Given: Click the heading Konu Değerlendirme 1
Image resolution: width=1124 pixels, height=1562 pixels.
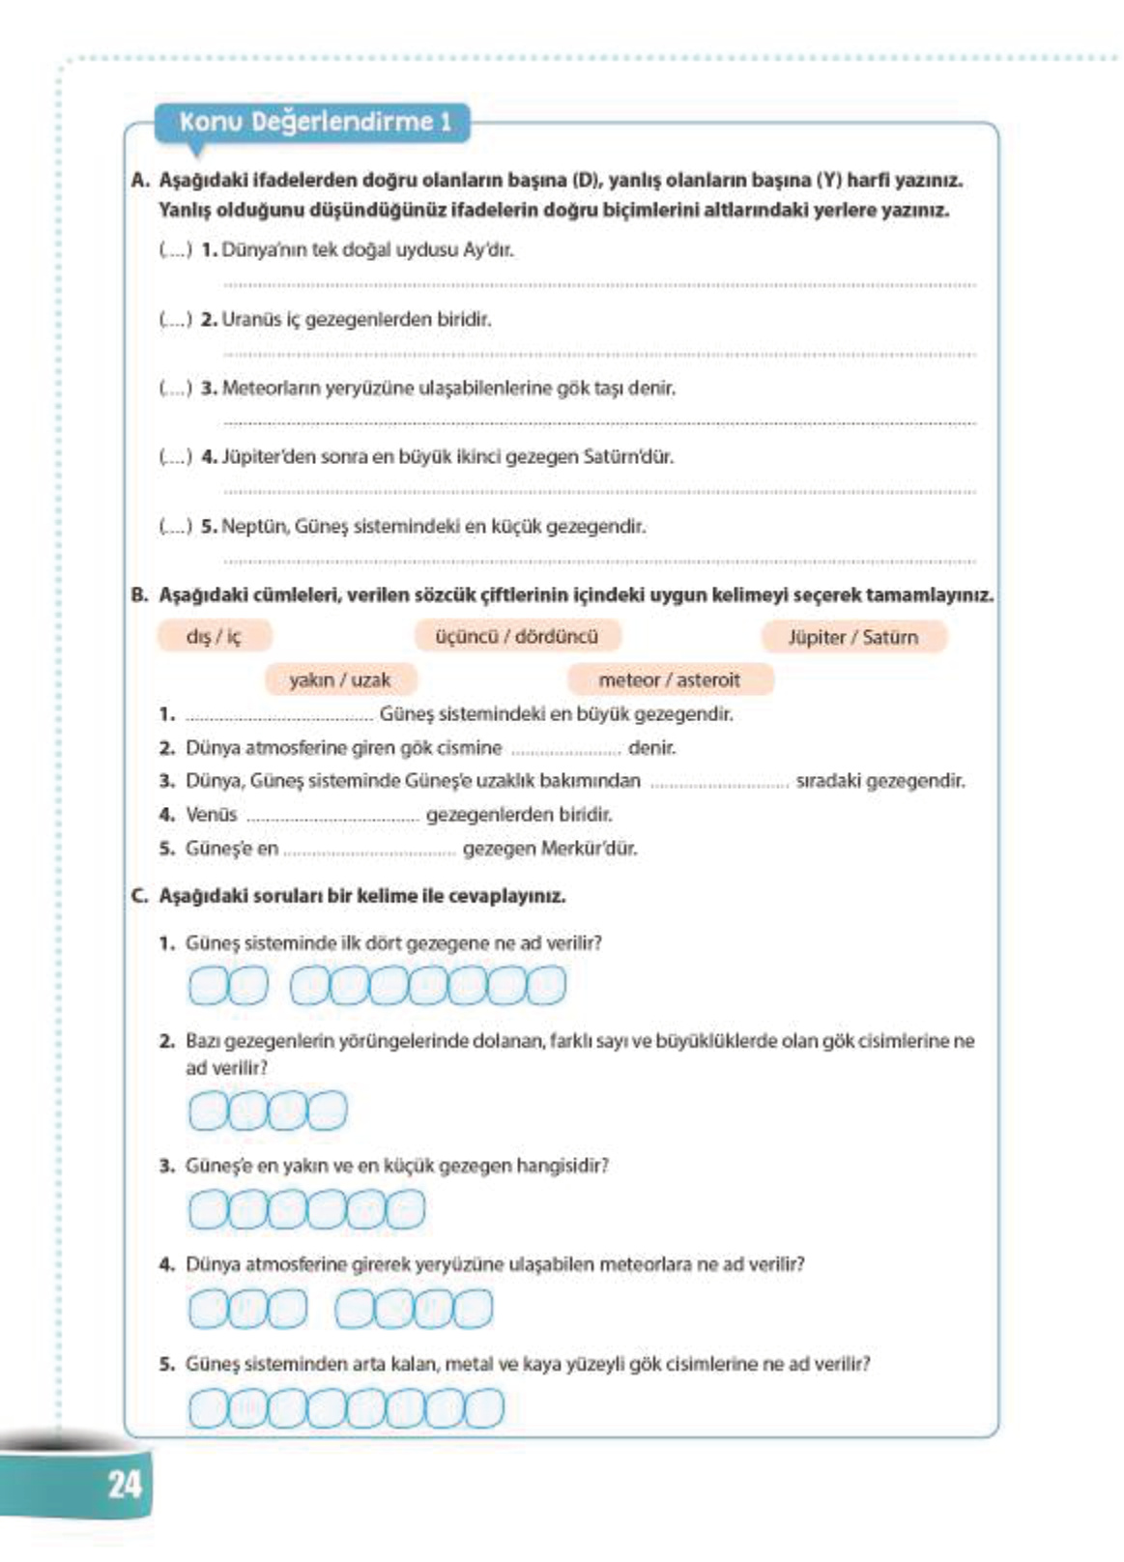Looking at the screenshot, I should point(315,123).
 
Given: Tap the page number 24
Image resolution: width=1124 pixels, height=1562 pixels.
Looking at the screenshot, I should point(125,1484).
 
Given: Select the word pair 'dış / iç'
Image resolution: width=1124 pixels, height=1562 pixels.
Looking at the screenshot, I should point(214,636).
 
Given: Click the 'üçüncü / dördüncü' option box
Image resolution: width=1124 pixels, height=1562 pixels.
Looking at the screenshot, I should point(516,636).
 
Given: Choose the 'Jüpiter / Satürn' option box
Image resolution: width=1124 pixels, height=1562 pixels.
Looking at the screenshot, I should point(852,637).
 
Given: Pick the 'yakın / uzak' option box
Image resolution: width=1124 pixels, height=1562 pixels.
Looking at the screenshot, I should point(339,680).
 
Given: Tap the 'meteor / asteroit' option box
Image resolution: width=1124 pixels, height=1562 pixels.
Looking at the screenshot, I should point(669,680).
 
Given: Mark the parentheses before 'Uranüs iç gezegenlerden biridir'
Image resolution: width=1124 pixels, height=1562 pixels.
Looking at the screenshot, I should point(175,319).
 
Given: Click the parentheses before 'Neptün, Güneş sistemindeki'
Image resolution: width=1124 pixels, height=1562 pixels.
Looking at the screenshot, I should point(175,527).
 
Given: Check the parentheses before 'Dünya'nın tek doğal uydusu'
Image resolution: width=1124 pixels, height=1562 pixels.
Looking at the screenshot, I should point(175,249).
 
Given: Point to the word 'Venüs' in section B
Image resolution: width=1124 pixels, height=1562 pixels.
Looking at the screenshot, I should point(211,815).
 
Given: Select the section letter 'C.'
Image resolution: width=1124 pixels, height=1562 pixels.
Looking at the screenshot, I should point(140,896).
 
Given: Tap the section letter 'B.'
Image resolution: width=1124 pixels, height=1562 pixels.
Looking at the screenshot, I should point(140,594).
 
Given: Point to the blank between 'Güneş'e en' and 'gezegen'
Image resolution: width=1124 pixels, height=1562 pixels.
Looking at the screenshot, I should point(369,852).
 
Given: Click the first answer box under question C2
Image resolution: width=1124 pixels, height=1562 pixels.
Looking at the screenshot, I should point(207,1111).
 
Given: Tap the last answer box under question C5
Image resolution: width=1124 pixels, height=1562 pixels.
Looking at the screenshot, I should point(484,1408).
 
